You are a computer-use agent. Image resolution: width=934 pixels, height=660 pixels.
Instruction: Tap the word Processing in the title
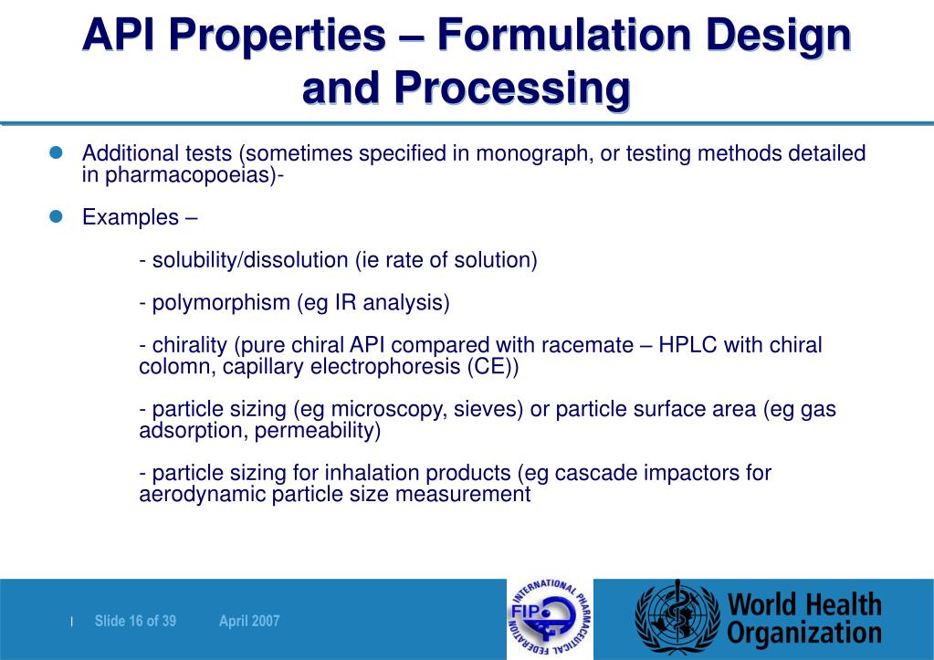(x=512, y=89)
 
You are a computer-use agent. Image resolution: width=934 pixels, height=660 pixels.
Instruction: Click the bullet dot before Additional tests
(x=55, y=152)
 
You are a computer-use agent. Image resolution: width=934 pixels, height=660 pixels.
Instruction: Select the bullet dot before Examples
(x=55, y=216)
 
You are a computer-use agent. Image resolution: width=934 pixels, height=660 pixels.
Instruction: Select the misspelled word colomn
(x=169, y=367)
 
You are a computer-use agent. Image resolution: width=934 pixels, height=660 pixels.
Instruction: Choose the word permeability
(x=317, y=431)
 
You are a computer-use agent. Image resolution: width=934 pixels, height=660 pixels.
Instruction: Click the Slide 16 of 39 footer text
(x=135, y=622)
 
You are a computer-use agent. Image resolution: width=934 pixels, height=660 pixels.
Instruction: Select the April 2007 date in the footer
(x=249, y=622)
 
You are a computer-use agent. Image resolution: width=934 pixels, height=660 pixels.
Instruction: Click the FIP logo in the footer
(x=549, y=619)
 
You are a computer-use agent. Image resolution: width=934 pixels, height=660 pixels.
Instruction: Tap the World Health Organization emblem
(x=677, y=619)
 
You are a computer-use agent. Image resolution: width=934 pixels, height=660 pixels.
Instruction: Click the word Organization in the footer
(x=804, y=633)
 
